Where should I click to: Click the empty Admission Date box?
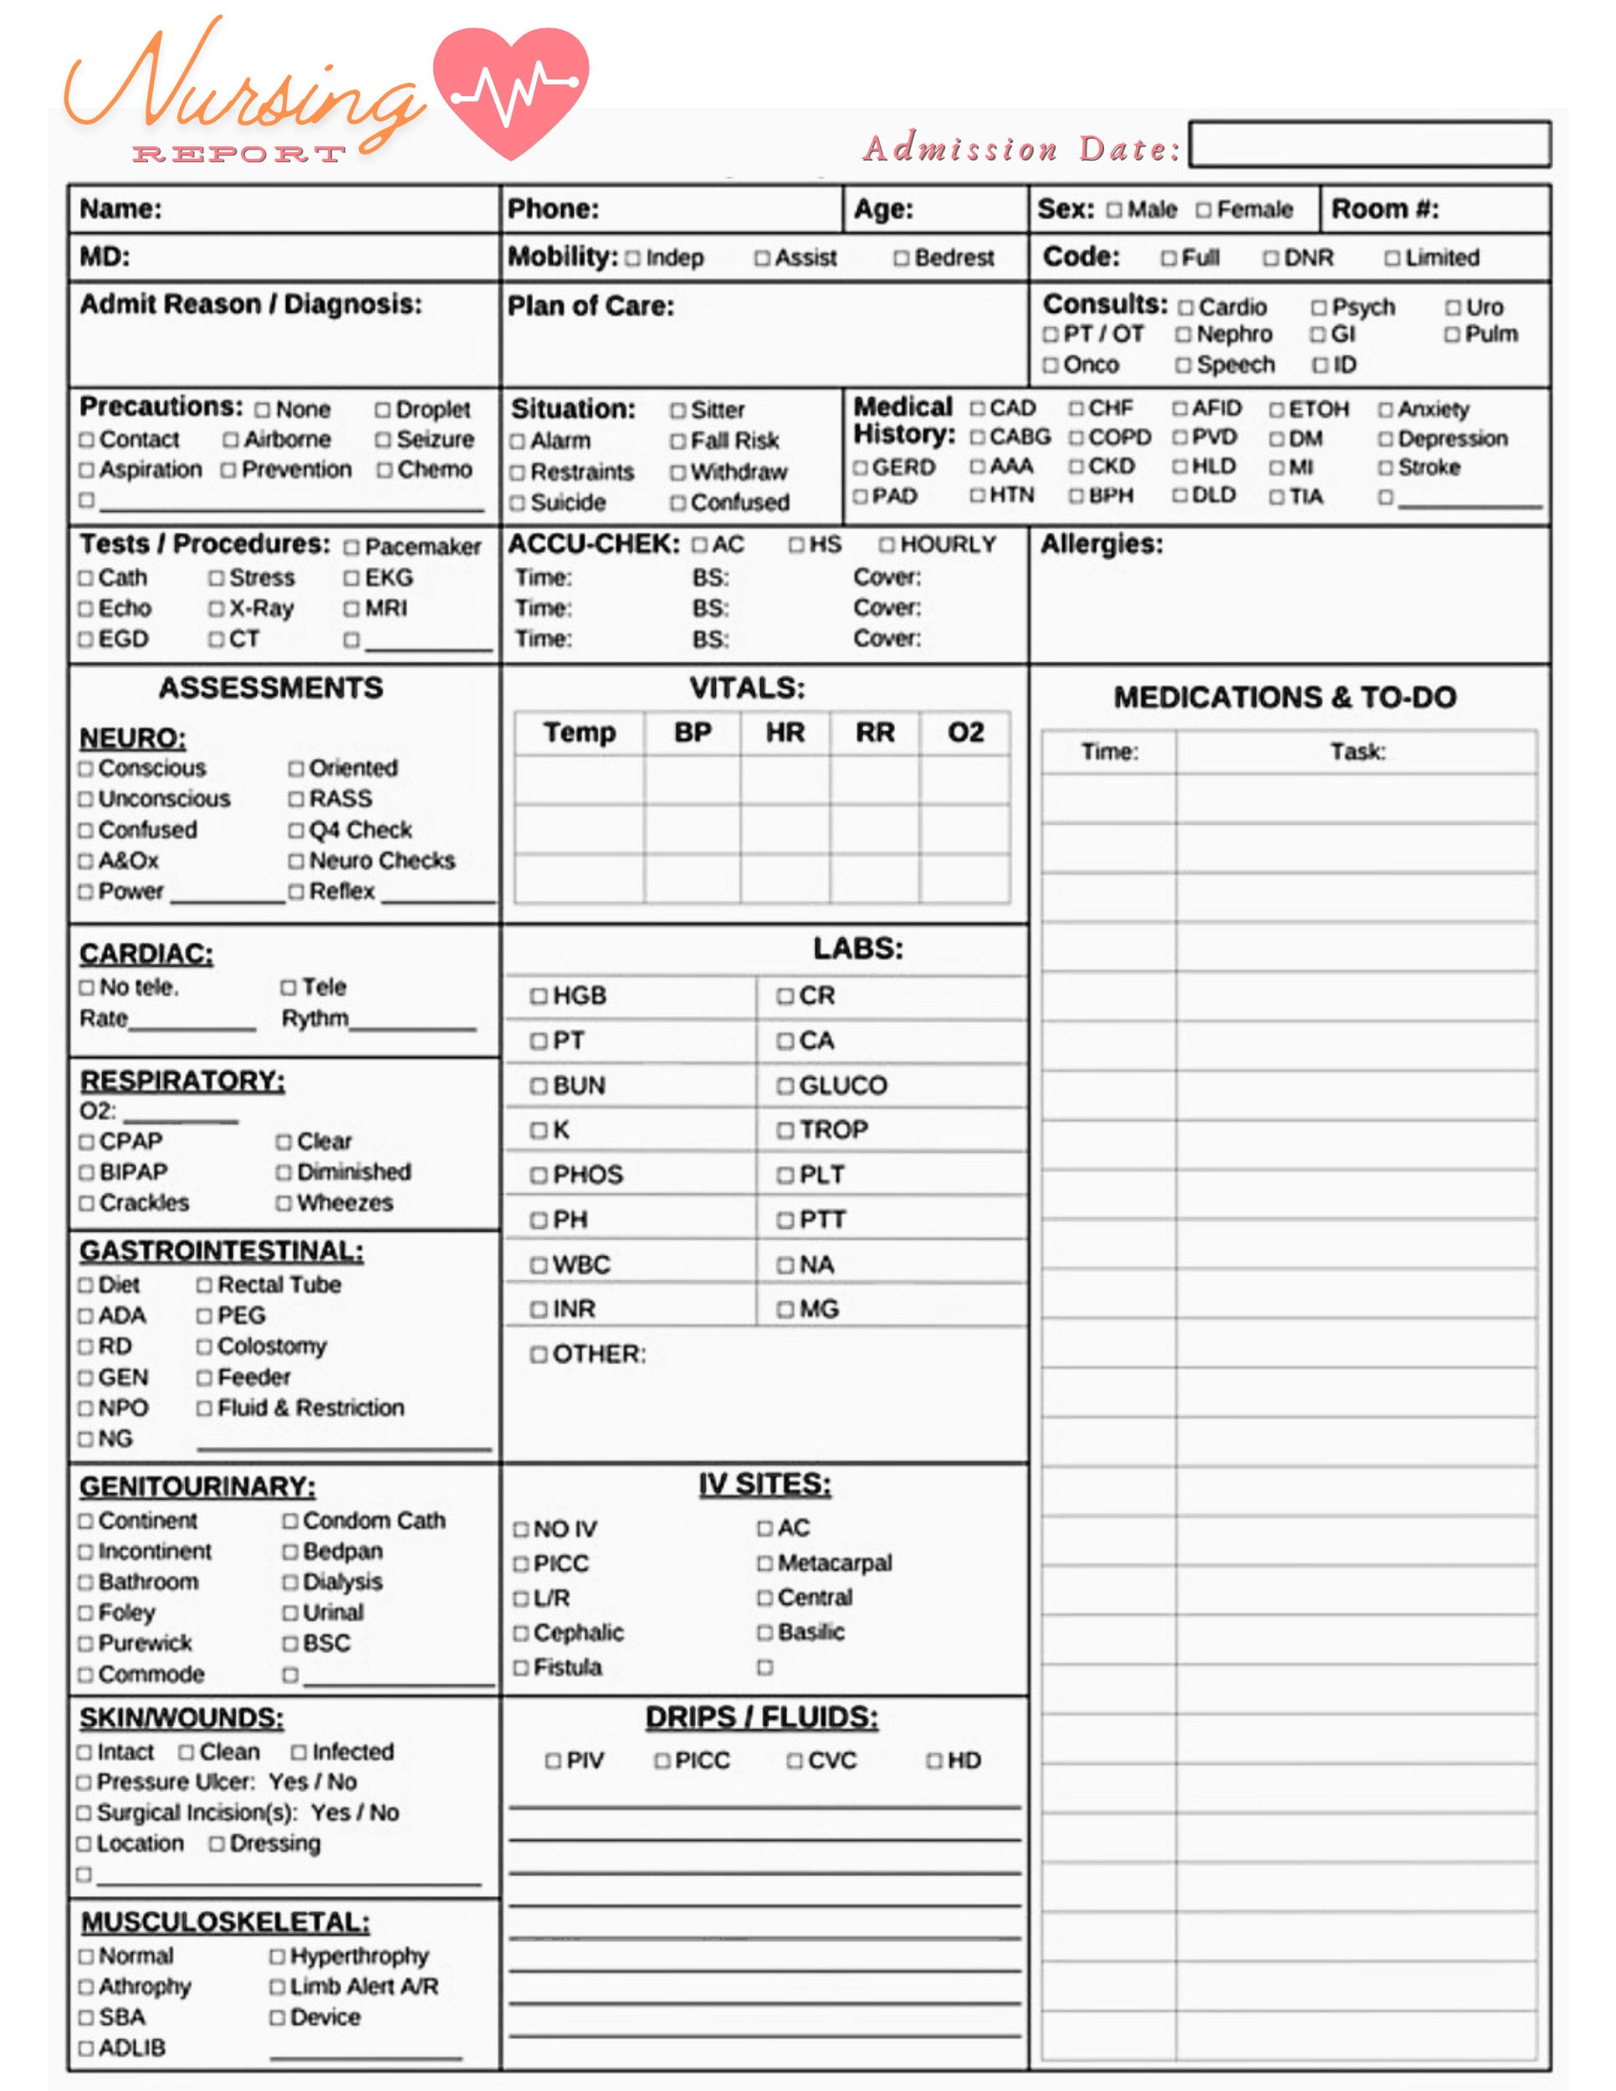(1368, 145)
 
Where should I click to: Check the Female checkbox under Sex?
(1203, 210)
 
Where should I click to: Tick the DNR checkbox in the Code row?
(1271, 258)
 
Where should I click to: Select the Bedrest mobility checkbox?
(901, 258)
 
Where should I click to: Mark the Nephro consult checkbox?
(1184, 335)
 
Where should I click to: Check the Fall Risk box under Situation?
(678, 442)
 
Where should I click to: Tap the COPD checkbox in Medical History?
(1076, 437)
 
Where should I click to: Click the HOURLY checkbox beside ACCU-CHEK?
(887, 544)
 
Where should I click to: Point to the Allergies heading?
(1101, 544)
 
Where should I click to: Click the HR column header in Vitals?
(784, 733)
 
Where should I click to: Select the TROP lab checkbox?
(785, 1131)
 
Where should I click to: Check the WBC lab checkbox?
(539, 1265)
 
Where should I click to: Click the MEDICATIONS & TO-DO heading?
(1284, 697)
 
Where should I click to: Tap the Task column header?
(1356, 752)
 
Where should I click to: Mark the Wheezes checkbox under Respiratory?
(284, 1204)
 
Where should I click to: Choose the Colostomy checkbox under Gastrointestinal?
(204, 1347)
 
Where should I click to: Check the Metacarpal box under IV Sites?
(764, 1563)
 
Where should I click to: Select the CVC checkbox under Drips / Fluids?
(794, 1761)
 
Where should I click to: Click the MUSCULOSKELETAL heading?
(225, 1923)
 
